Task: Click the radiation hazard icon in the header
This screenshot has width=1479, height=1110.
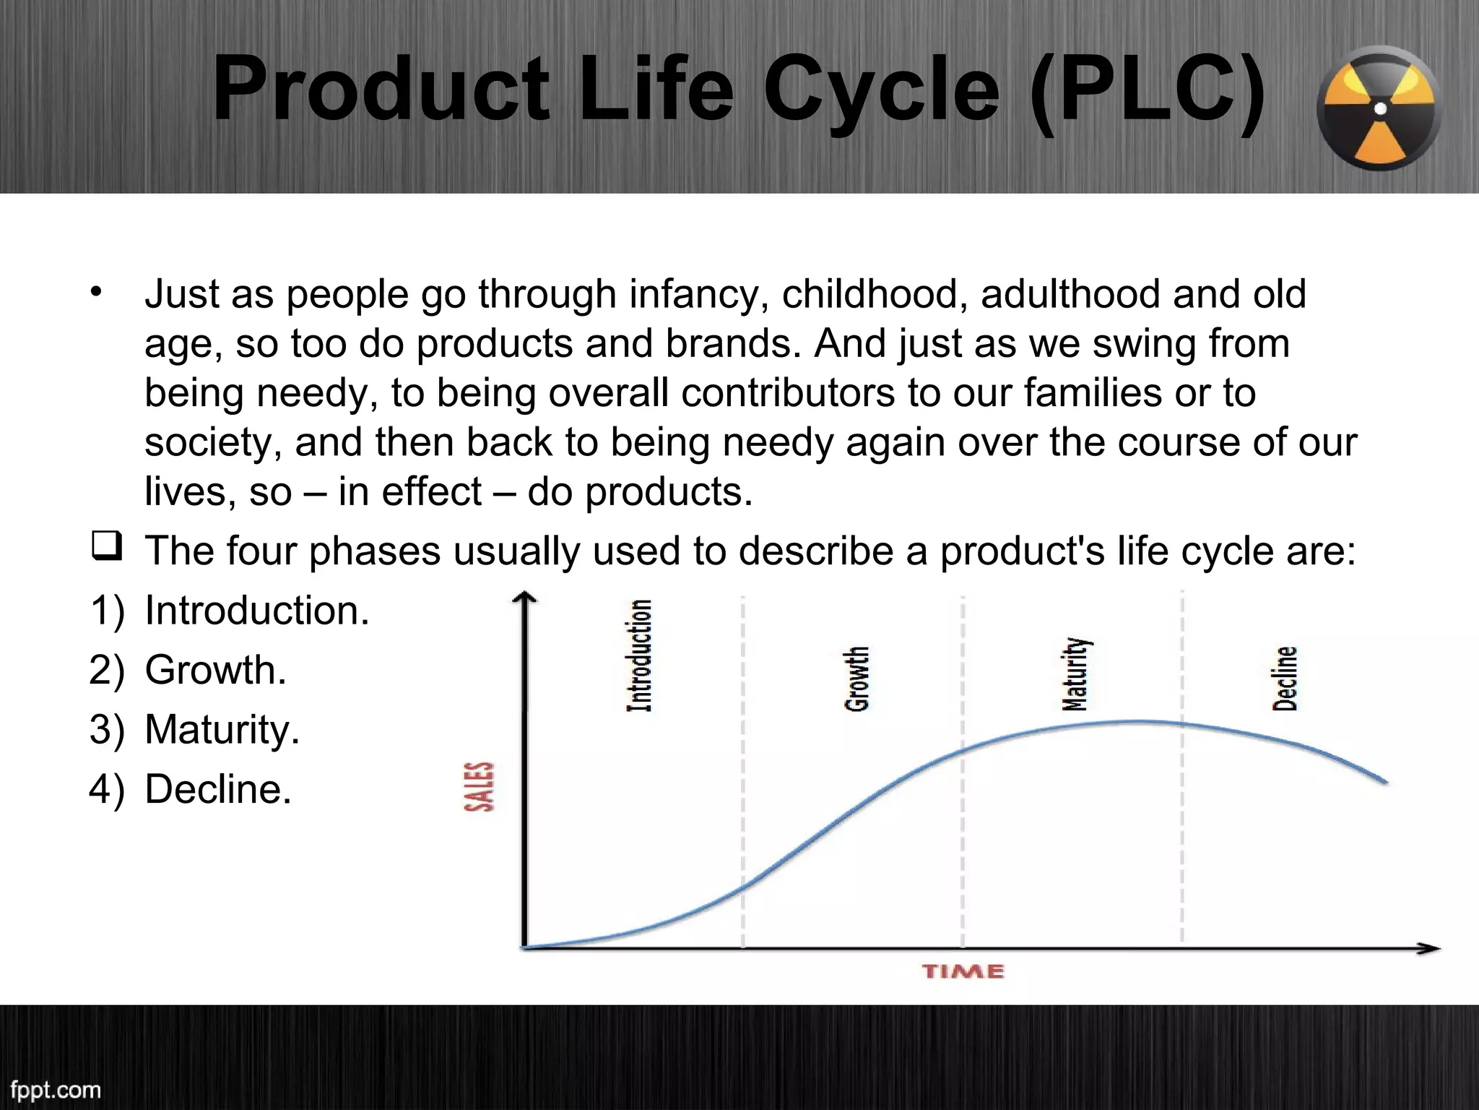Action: click(x=1379, y=108)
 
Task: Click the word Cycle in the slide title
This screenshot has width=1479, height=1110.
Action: click(x=881, y=90)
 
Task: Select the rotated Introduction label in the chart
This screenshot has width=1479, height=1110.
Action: click(x=639, y=655)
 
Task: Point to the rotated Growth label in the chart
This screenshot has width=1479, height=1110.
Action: click(x=856, y=679)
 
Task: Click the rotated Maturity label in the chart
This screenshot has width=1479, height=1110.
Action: click(x=1076, y=674)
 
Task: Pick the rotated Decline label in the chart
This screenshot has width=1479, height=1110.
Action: click(x=1285, y=679)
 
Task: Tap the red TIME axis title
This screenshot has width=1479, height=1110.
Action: click(x=963, y=971)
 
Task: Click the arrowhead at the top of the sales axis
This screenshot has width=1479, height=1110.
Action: click(x=525, y=597)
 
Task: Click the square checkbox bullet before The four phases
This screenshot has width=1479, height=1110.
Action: click(x=105, y=547)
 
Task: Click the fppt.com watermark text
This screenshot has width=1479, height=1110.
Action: click(x=56, y=1089)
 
